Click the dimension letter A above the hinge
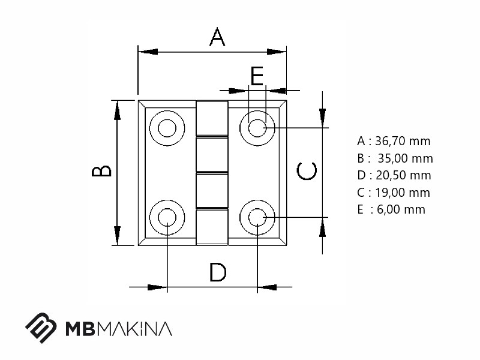pyautogui.click(x=217, y=37)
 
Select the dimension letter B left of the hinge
pyautogui.click(x=101, y=171)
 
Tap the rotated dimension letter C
pyautogui.click(x=307, y=170)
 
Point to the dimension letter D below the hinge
pyautogui.click(x=218, y=272)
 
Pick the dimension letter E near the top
pyautogui.click(x=257, y=76)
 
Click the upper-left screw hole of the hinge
pyautogui.click(x=167, y=128)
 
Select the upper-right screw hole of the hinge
pyautogui.click(x=257, y=128)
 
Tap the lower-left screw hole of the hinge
pyautogui.click(x=167, y=218)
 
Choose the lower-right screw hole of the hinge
pyautogui.click(x=257, y=218)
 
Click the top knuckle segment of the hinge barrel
pyautogui.click(x=212, y=118)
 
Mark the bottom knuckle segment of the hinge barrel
pyautogui.click(x=212, y=227)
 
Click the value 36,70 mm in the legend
pyautogui.click(x=403, y=141)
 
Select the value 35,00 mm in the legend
pyautogui.click(x=406, y=158)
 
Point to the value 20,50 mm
pyautogui.click(x=403, y=175)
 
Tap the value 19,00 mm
pyautogui.click(x=403, y=193)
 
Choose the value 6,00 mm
pyautogui.click(x=401, y=209)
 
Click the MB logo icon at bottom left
pyautogui.click(x=41, y=328)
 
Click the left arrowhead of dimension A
pyautogui.click(x=148, y=52)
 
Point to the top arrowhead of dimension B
pyautogui.click(x=117, y=110)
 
